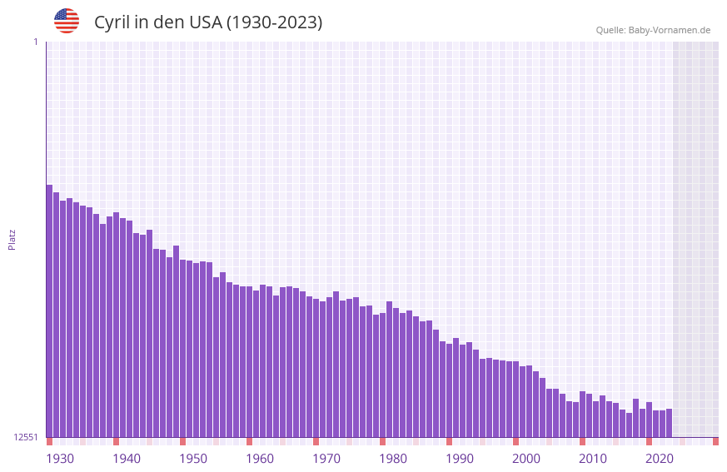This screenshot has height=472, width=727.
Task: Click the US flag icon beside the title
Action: tap(67, 21)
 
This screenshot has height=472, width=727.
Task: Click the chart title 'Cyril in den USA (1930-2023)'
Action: tap(207, 22)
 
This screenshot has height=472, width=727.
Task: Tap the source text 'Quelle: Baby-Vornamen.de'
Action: tap(653, 30)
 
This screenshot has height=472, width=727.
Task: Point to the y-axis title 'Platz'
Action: tap(12, 240)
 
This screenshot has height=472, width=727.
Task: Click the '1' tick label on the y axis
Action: tap(35, 42)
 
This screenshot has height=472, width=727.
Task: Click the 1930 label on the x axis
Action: tap(60, 459)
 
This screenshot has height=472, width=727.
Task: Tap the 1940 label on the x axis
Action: tap(127, 459)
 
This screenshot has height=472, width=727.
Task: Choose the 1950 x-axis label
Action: tap(193, 459)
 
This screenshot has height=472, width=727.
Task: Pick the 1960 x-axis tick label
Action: tap(260, 459)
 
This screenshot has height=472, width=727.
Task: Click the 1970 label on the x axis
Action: tap(326, 459)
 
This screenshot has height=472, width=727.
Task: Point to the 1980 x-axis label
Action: tap(393, 459)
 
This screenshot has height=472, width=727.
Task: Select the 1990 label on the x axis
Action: tap(460, 459)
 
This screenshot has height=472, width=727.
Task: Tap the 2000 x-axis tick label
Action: tap(526, 459)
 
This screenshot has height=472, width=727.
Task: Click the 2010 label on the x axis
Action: tap(593, 459)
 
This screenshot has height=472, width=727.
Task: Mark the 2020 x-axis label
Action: tap(660, 459)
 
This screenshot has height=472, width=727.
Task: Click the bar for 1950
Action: tap(183, 349)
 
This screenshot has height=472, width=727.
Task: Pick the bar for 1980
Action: tap(383, 375)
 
